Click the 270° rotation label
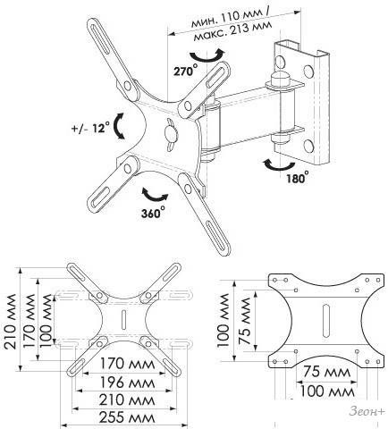pyautogui.click(x=186, y=71)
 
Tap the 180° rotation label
pyautogui.click(x=297, y=178)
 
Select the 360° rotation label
pyautogui.click(x=153, y=213)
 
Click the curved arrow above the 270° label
pyautogui.click(x=207, y=55)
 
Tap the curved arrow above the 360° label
pyautogui.click(x=154, y=195)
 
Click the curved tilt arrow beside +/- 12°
pyautogui.click(x=120, y=126)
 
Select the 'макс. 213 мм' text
pyautogui.click(x=232, y=30)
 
